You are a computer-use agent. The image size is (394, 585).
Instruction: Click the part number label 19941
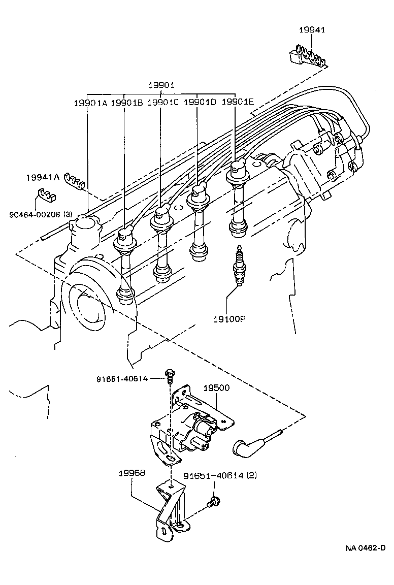312,30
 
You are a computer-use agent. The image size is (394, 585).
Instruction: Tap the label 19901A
91,103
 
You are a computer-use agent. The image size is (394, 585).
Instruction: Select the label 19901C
163,102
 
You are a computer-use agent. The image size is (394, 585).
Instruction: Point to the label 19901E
238,102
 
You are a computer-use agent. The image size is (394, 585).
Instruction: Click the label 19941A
43,178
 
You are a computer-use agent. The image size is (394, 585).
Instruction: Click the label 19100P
229,319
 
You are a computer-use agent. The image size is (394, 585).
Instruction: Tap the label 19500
216,388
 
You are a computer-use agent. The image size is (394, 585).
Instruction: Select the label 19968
132,473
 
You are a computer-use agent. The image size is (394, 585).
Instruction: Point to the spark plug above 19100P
238,266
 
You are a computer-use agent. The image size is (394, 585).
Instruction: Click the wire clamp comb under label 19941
307,54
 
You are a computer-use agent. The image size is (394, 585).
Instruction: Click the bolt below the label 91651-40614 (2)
213,502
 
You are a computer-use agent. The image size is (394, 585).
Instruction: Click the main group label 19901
161,85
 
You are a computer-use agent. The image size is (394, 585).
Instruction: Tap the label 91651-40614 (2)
220,476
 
